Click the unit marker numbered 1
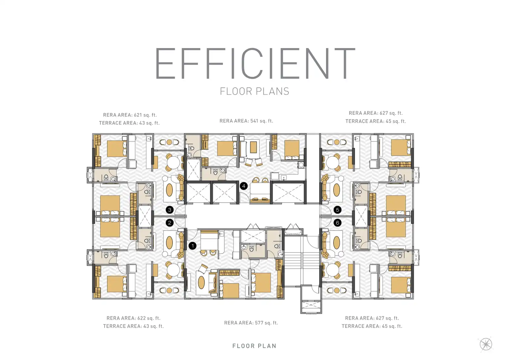[192, 246]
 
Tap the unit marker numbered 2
[169, 223]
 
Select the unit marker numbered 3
[169, 210]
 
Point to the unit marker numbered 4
[243, 186]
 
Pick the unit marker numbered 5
[338, 210]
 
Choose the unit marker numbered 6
[338, 223]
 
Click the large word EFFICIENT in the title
[255, 63]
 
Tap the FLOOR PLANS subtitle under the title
[255, 91]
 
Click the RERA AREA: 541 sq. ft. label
[246, 121]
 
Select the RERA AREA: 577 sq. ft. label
[251, 323]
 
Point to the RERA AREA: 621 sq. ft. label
[130, 115]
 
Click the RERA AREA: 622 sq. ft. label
[133, 318]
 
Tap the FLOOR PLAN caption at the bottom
[255, 346]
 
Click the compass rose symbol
[486, 344]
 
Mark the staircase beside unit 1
[302, 261]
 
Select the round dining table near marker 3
[173, 162]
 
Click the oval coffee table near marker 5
[337, 190]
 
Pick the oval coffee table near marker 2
[169, 243]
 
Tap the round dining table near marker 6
[332, 270]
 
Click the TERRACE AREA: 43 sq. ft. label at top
[129, 123]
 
